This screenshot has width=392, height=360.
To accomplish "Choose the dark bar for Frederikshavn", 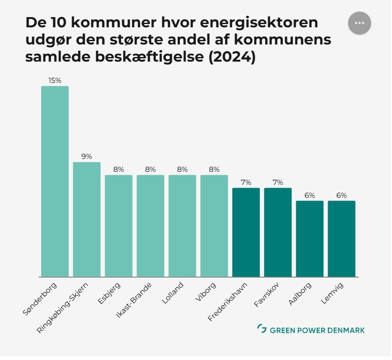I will click(x=246, y=232).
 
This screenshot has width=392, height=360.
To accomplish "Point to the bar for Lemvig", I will click(x=342, y=239).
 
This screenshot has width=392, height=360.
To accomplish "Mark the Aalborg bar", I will click(x=310, y=239).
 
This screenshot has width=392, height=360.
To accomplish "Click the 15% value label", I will click(x=55, y=81).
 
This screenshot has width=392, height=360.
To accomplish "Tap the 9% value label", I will click(x=87, y=157).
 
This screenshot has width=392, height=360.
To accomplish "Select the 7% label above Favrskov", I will click(x=278, y=183).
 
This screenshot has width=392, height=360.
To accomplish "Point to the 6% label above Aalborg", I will click(x=310, y=196).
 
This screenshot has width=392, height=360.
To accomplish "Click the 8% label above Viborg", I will click(x=214, y=170).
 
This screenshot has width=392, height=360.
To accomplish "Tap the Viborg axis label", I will click(x=205, y=291).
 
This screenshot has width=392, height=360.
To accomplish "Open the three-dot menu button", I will click(x=360, y=23).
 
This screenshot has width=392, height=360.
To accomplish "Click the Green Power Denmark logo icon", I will click(x=261, y=329).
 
